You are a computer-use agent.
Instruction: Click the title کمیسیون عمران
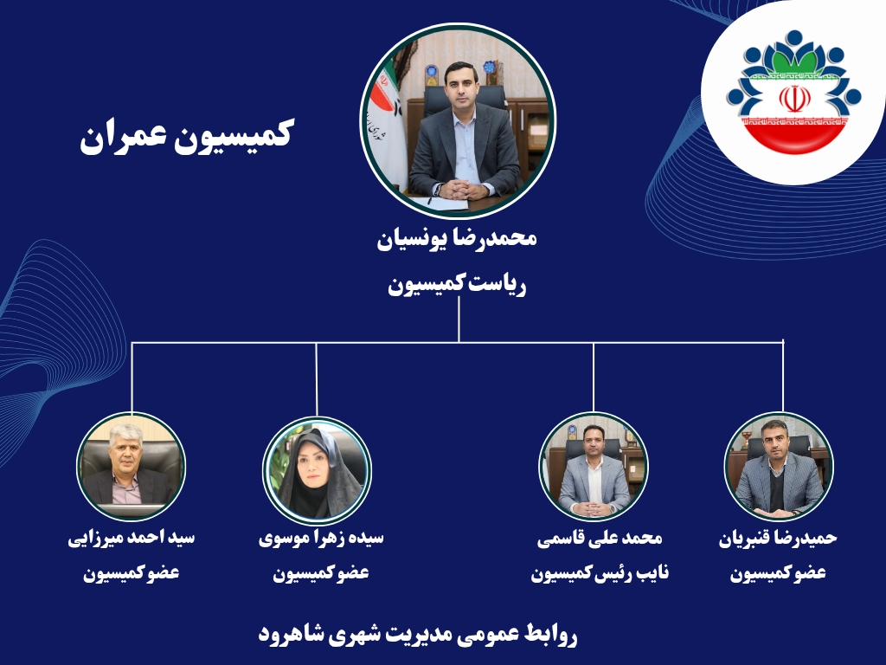(x=185, y=136)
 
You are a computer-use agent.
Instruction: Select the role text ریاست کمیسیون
(x=457, y=284)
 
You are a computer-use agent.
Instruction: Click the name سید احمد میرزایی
(x=132, y=537)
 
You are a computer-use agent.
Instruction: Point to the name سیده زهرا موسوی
(x=321, y=537)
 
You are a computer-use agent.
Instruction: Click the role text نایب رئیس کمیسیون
(x=600, y=573)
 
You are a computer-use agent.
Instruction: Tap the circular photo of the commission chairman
(x=458, y=120)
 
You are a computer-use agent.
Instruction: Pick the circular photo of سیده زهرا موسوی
(x=317, y=470)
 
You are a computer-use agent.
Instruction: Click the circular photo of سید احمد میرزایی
(x=132, y=467)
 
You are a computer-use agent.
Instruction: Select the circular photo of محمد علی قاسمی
(x=594, y=467)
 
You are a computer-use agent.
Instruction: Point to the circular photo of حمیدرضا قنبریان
(x=779, y=467)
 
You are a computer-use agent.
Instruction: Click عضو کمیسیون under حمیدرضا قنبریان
(x=778, y=573)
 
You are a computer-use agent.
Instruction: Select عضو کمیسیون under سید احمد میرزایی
(x=132, y=573)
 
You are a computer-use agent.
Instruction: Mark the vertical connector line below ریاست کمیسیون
(x=459, y=320)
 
